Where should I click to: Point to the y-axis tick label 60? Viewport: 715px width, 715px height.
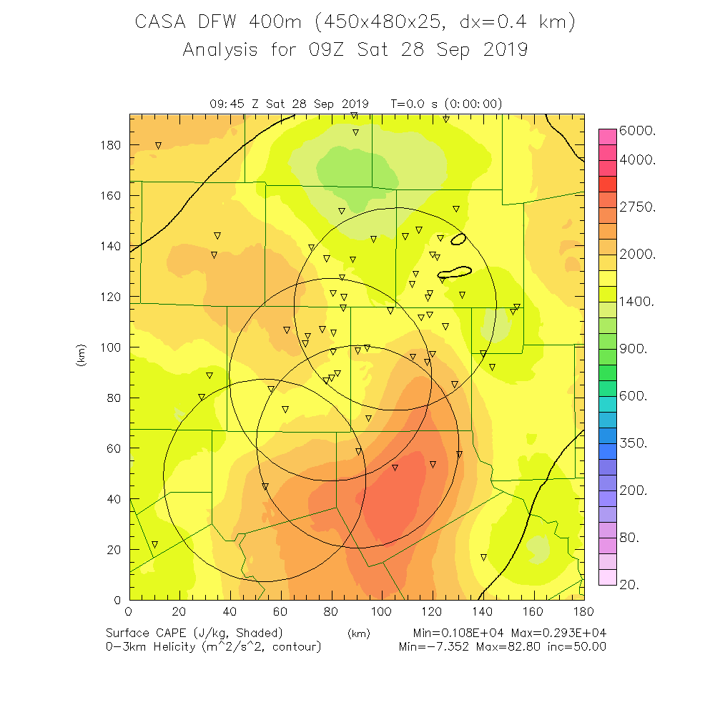pos(114,449)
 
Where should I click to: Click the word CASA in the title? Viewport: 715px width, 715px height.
pos(162,22)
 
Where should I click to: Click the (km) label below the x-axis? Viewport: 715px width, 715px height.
pos(358,633)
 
